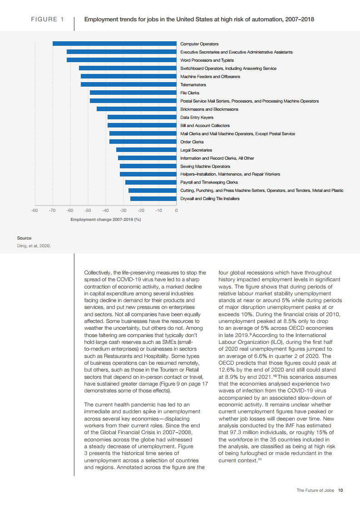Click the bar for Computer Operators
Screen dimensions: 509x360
point(114,44)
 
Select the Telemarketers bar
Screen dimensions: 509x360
point(128,84)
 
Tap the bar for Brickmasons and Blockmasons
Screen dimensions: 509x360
point(136,109)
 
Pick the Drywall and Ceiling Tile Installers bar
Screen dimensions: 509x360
point(153,199)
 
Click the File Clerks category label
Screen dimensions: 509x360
point(190,93)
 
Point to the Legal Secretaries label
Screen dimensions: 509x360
point(196,150)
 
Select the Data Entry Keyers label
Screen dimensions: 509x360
point(197,117)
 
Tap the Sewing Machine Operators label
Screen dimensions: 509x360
point(205,166)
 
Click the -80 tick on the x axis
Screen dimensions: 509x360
point(35,210)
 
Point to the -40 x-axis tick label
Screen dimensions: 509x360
point(105,210)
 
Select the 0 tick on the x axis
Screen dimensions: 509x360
point(176,210)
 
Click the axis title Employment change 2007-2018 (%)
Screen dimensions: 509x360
point(106,220)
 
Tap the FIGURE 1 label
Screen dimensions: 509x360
point(47,20)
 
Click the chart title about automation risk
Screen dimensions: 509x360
point(199,20)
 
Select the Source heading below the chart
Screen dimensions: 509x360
point(24,238)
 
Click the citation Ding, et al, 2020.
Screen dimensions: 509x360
point(34,246)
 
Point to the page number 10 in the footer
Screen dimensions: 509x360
point(340,490)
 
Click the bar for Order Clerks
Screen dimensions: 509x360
point(143,142)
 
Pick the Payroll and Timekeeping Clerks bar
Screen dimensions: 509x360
point(151,182)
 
